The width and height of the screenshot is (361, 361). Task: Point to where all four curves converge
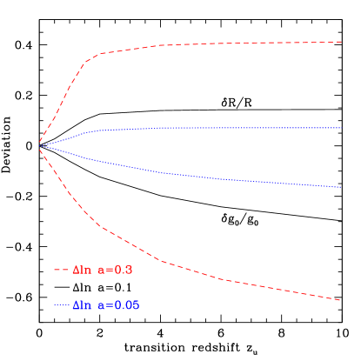pyautogui.click(x=39, y=144)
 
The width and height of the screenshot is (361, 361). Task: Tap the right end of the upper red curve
pyautogui.click(x=340, y=42)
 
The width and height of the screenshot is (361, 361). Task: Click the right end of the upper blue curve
pyautogui.click(x=340, y=128)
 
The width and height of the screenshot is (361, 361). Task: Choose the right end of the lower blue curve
pyautogui.click(x=339, y=187)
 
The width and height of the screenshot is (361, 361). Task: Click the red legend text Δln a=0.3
pyautogui.click(x=102, y=271)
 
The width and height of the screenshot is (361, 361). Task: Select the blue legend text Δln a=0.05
pyautogui.click(x=105, y=305)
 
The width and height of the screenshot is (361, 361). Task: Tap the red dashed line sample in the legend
pyautogui.click(x=60, y=271)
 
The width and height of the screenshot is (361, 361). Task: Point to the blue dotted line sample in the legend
pyautogui.click(x=60, y=305)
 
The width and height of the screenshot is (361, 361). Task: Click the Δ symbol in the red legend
pyautogui.click(x=76, y=271)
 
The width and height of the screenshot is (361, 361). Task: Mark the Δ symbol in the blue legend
pyautogui.click(x=76, y=305)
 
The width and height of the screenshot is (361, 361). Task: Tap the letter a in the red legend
pyautogui.click(x=103, y=271)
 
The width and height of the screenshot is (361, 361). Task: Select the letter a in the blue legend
pyautogui.click(x=103, y=306)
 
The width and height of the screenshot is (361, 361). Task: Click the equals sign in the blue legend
pyautogui.click(x=110, y=306)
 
